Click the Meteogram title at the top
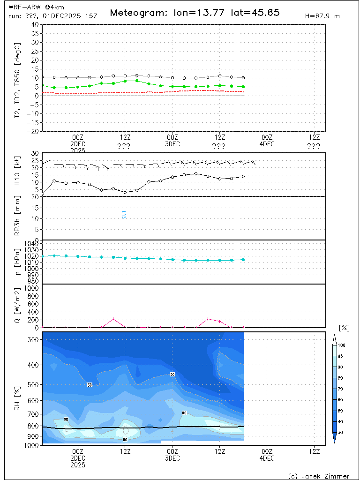click(x=195, y=13)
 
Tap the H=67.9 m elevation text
click(x=322, y=16)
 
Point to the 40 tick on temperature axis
click(x=35, y=24)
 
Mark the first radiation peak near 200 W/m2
click(x=113, y=319)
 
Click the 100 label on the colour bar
click(x=342, y=345)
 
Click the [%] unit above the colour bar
click(x=344, y=328)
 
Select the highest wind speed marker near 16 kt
click(x=196, y=173)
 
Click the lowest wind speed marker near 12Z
click(x=125, y=192)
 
